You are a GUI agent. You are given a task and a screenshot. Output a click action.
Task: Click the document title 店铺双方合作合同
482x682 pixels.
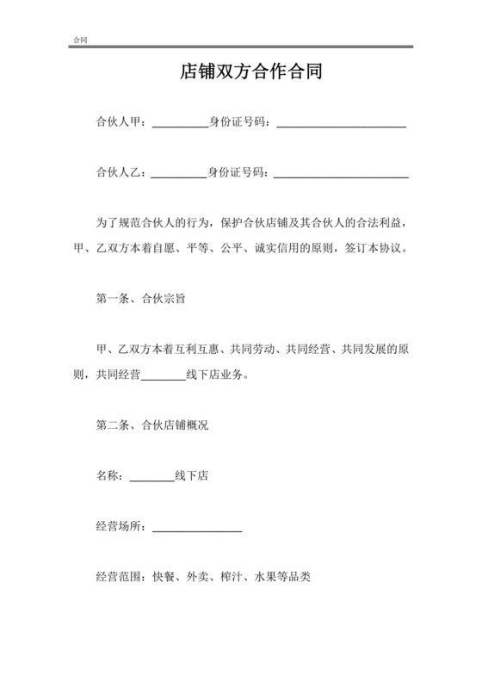[241, 72]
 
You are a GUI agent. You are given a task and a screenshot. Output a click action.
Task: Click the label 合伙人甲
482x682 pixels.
[120, 123]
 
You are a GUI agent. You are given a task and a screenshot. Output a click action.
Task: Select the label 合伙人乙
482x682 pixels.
[120, 173]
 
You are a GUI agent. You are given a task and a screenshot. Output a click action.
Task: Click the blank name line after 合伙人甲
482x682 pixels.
[180, 126]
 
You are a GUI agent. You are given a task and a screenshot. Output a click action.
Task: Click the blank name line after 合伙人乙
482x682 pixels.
[180, 176]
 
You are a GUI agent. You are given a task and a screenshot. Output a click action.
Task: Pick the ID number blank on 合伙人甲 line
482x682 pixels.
[341, 126]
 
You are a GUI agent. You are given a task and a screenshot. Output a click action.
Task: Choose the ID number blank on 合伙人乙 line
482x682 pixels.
[341, 176]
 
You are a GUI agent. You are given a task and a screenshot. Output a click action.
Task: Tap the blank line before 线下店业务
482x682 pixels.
[163, 378]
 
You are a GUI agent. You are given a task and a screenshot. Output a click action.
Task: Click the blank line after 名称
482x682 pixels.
[151, 478]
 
